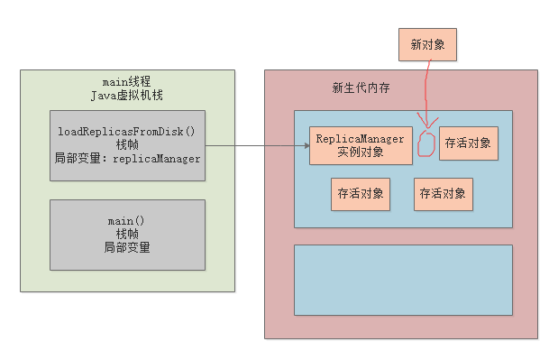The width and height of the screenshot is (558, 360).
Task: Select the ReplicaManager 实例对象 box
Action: point(361,144)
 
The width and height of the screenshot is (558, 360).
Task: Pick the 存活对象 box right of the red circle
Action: point(469,143)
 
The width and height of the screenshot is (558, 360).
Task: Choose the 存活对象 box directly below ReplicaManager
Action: point(361,193)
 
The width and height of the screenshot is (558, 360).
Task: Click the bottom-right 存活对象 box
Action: point(444,193)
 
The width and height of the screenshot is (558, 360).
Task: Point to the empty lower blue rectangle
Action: point(403,279)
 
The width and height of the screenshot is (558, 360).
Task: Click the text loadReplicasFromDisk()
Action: point(127,131)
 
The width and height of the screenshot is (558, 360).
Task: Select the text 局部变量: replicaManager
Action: point(127,158)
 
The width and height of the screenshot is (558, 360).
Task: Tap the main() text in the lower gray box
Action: point(127,220)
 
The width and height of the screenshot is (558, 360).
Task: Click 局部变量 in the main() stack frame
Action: point(127,247)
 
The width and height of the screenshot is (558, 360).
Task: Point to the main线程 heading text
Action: point(127,82)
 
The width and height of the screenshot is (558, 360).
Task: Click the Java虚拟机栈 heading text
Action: point(127,95)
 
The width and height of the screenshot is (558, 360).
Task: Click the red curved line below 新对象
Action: point(431,90)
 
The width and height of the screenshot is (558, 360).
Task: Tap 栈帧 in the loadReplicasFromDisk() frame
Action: point(127,144)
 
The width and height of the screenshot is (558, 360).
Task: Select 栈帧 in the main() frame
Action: point(127,234)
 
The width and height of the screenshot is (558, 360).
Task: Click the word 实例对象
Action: point(361,152)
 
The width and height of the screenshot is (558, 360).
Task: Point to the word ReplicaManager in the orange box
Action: point(361,138)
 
